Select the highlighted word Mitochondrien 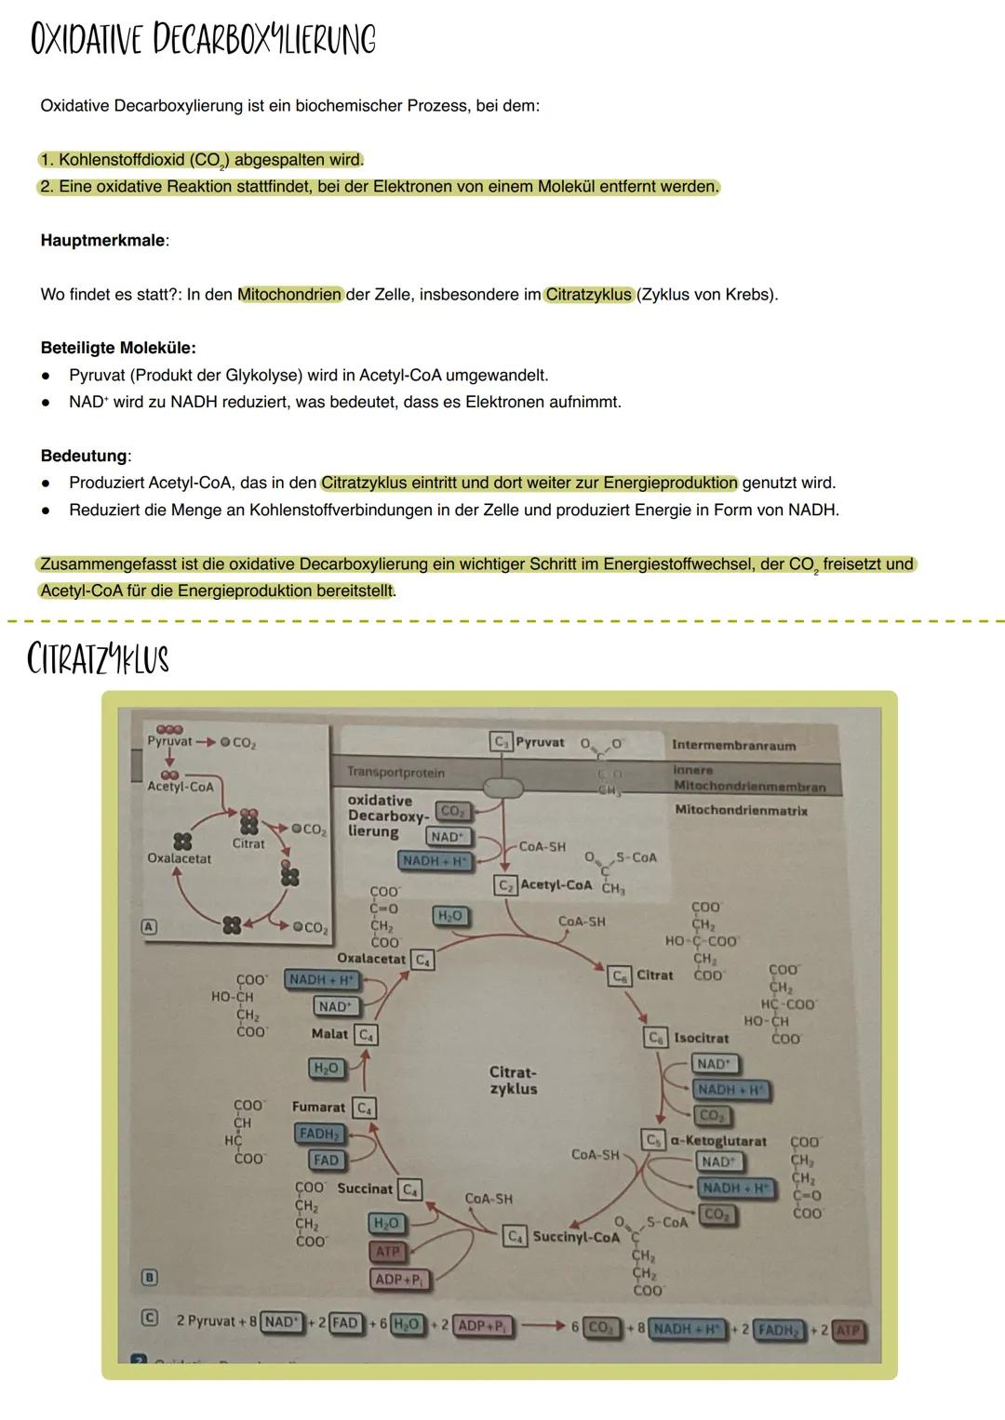[290, 295]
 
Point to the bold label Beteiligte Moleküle [118, 348]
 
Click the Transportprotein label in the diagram [395, 772]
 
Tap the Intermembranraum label [733, 745]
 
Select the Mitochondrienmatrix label [741, 810]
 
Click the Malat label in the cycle [329, 1034]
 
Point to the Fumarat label [318, 1108]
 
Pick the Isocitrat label [701, 1038]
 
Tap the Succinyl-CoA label [575, 1237]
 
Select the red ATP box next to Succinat [387, 1252]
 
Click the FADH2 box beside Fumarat [318, 1134]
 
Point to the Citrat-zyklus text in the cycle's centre [513, 1081]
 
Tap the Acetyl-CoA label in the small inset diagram [181, 787]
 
